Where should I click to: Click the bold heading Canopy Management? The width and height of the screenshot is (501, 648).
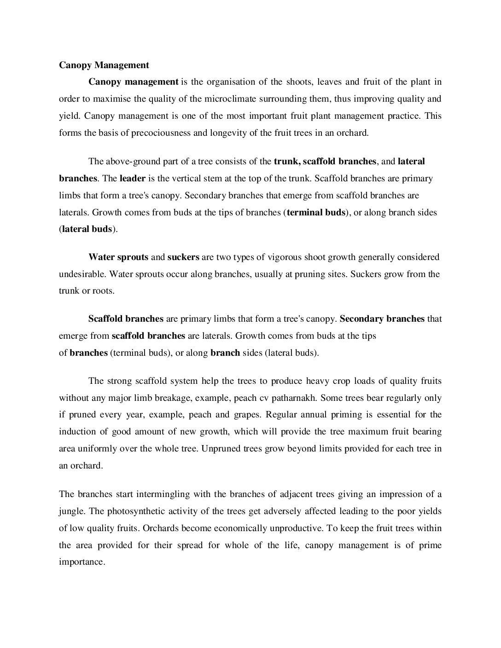[x=104, y=65]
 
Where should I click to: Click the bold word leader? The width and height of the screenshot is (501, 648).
[x=133, y=178]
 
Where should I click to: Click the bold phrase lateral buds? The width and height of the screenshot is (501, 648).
[x=87, y=229]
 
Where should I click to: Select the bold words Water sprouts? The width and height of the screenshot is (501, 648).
[x=118, y=257]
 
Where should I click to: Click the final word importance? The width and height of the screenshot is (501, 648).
[x=82, y=562]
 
